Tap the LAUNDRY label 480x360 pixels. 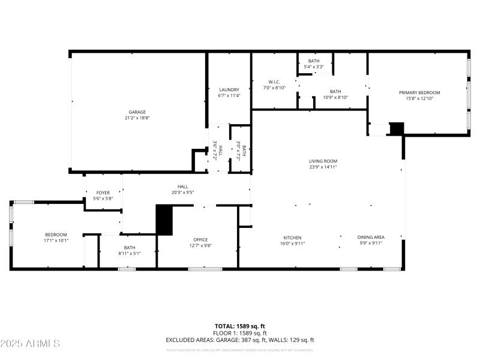coord(229,89)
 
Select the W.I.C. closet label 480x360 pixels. coord(274,82)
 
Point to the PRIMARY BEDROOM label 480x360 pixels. coord(419,92)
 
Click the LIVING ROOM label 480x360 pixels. coord(323,161)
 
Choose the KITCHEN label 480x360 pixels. coord(292,238)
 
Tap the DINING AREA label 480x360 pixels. coord(370,238)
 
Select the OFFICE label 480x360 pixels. coord(200,239)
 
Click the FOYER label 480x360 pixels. coord(103,193)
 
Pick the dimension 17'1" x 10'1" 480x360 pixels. coord(56,240)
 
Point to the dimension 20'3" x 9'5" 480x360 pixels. coord(182,192)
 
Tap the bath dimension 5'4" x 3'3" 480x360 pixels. coord(314,67)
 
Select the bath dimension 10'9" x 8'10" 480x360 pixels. coord(335,97)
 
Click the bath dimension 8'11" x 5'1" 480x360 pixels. coord(130,253)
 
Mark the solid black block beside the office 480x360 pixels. coord(164,220)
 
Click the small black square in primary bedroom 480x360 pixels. coord(397,128)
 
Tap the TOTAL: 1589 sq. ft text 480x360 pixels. coord(240,326)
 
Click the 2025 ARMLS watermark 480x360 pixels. coord(30,344)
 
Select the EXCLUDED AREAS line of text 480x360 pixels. coord(240,340)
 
